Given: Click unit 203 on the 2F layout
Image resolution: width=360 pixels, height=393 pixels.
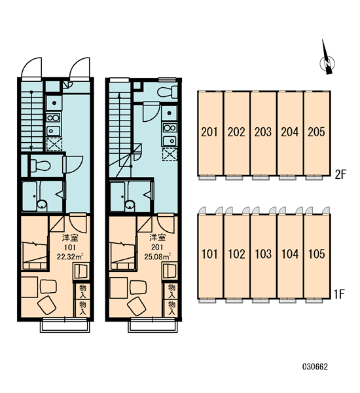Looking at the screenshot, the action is point(263,133).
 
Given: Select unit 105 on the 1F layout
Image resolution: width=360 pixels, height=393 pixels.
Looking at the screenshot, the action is point(317,255).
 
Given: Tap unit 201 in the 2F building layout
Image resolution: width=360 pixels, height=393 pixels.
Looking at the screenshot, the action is point(210,133).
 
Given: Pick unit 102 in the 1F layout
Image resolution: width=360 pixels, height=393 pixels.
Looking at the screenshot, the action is point(236,255).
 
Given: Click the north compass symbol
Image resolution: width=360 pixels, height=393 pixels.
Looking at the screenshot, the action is point(327,59).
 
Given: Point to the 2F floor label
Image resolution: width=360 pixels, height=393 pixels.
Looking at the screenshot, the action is point(340,174).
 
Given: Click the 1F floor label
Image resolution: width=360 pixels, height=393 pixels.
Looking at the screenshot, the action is point(340,294).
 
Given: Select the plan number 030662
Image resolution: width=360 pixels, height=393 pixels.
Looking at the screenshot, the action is point(315,367).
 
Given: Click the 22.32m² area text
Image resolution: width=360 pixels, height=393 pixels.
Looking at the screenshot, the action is point(70,257).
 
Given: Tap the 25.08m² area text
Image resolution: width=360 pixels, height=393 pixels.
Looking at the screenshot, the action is point(157,257).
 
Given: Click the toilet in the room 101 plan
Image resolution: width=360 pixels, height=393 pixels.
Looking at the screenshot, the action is point(41,165).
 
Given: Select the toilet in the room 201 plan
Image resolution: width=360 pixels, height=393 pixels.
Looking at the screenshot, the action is point(168,92).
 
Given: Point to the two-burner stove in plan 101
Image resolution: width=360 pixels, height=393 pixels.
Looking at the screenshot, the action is point(54,118).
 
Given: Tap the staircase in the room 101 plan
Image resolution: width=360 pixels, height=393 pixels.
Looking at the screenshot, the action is point(31,116).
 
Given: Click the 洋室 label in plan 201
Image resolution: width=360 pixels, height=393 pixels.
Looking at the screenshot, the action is point(157,237).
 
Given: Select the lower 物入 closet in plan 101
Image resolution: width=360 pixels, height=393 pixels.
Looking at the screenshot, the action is point(82,309).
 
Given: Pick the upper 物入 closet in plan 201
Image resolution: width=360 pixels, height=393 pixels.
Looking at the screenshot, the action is point(171,291).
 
